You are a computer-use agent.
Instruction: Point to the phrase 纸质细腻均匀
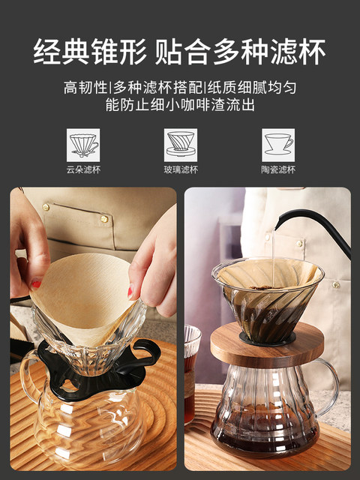click(x=256, y=88)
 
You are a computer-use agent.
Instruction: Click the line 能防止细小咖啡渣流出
click(x=180, y=106)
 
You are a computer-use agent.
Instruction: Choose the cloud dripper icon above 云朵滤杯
click(x=83, y=142)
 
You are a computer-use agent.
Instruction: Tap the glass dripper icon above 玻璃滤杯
click(x=180, y=142)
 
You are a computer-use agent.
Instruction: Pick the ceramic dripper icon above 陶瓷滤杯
click(x=277, y=142)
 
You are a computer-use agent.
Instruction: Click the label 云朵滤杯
click(x=83, y=169)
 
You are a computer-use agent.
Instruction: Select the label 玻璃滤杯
click(x=180, y=169)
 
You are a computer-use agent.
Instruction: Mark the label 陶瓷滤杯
click(x=277, y=169)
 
